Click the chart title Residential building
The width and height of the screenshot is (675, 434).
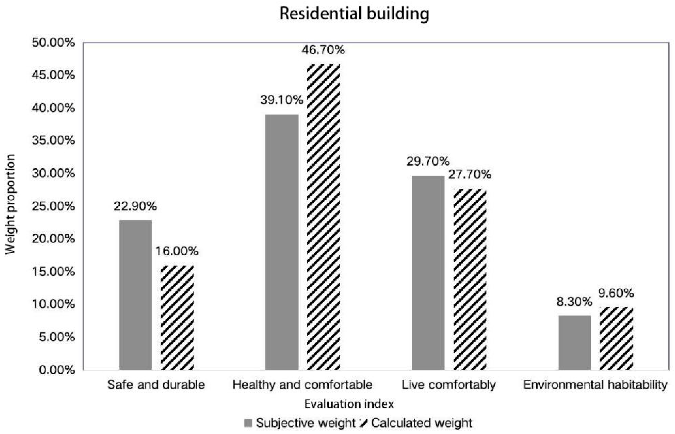click(x=354, y=14)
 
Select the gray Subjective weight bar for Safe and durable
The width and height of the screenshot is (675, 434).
click(x=135, y=295)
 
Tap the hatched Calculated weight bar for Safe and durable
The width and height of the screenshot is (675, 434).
click(x=177, y=317)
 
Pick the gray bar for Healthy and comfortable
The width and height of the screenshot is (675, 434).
click(x=282, y=242)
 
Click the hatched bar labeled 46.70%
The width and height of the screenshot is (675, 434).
click(x=323, y=217)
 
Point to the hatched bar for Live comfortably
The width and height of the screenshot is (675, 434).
click(x=470, y=279)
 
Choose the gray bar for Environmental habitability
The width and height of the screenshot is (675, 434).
click(x=574, y=342)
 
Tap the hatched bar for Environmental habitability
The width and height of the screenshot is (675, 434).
click(x=616, y=338)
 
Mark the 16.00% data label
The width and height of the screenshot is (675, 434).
click(x=177, y=251)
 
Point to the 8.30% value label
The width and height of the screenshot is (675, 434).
click(x=574, y=302)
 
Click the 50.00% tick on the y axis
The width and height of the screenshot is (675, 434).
click(x=53, y=43)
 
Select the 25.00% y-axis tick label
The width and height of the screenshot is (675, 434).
click(x=53, y=206)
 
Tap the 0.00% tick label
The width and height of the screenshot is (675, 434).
click(x=57, y=370)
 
